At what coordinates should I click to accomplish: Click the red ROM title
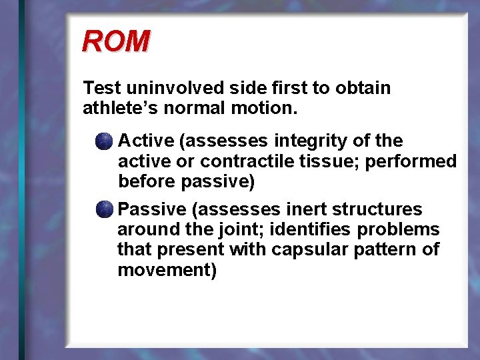pyautogui.click(x=115, y=41)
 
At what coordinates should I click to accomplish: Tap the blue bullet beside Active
pyautogui.click(x=103, y=141)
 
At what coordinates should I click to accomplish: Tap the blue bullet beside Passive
pyautogui.click(x=103, y=210)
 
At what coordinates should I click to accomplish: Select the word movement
pyautogui.click(x=167, y=270)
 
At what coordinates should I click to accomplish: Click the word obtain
pyautogui.click(x=365, y=88)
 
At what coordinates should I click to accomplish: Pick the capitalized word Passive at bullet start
pyautogui.click(x=152, y=209)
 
